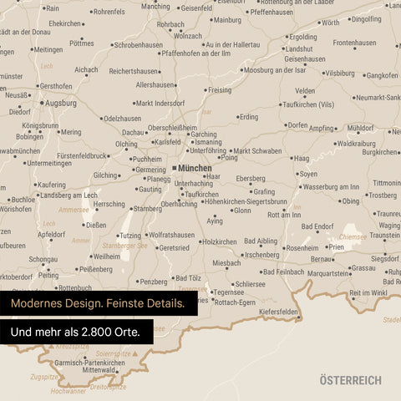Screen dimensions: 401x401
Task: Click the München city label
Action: click(x=195, y=168)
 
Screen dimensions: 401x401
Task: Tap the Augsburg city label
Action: click(x=59, y=103)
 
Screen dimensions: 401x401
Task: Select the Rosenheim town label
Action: click(x=302, y=247)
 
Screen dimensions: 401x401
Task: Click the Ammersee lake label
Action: click(x=74, y=211)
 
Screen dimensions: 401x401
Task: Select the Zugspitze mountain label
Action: click(x=43, y=377)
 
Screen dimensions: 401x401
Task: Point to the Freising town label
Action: click(x=220, y=89)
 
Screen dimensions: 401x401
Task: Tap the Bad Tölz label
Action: click(x=188, y=277)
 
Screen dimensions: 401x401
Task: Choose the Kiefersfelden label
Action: click(x=279, y=311)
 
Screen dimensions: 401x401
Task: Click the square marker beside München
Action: click(x=174, y=168)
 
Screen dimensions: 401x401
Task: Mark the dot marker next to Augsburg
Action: click(x=40, y=103)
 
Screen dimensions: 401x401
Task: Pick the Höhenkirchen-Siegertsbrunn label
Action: click(x=247, y=201)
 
